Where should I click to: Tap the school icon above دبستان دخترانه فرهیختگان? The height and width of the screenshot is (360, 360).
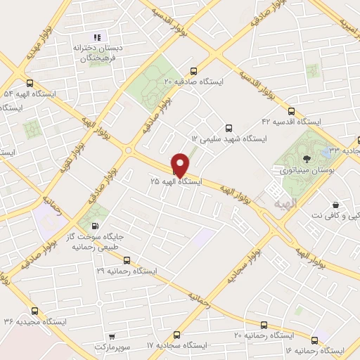tap(98, 37)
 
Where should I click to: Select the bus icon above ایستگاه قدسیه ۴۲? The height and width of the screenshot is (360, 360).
tap(292, 110)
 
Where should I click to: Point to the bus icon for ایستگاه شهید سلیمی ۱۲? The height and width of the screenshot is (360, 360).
tap(228, 128)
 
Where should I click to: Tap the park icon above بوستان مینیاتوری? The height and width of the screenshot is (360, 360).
tap(306, 159)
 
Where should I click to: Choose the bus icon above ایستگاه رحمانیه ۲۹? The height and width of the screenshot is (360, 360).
tap(127, 259)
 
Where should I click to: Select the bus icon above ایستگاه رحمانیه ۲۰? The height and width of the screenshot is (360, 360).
tap(264, 325)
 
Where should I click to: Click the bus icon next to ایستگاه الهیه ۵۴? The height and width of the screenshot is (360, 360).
tap(28, 83)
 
